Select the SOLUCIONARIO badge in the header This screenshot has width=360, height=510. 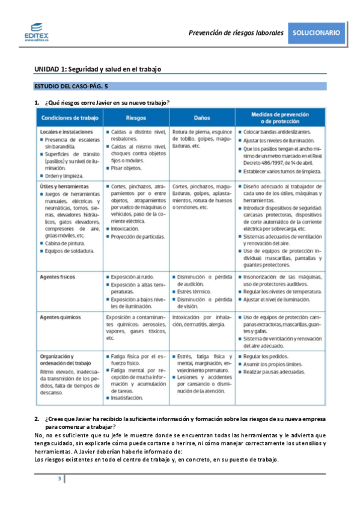pos(316,32)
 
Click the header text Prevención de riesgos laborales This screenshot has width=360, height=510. pos(236,33)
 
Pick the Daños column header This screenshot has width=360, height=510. pos(202,117)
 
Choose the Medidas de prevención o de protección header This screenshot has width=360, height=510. pos(280,117)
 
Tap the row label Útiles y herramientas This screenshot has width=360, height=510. pos(64,187)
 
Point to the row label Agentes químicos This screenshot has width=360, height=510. pos(61,316)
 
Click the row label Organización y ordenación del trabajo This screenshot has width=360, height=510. pos(66,360)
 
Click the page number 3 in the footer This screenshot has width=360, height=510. pos(59,478)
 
